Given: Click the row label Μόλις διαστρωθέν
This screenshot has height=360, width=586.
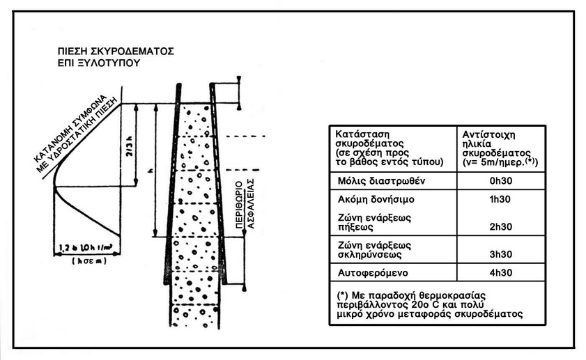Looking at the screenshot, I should pyautogui.click(x=378, y=182).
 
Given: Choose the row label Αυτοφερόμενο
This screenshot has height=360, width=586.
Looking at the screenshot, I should pyautogui.click(x=371, y=273).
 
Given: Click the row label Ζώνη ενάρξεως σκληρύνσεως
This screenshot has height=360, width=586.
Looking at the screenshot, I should pyautogui.click(x=374, y=249).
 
